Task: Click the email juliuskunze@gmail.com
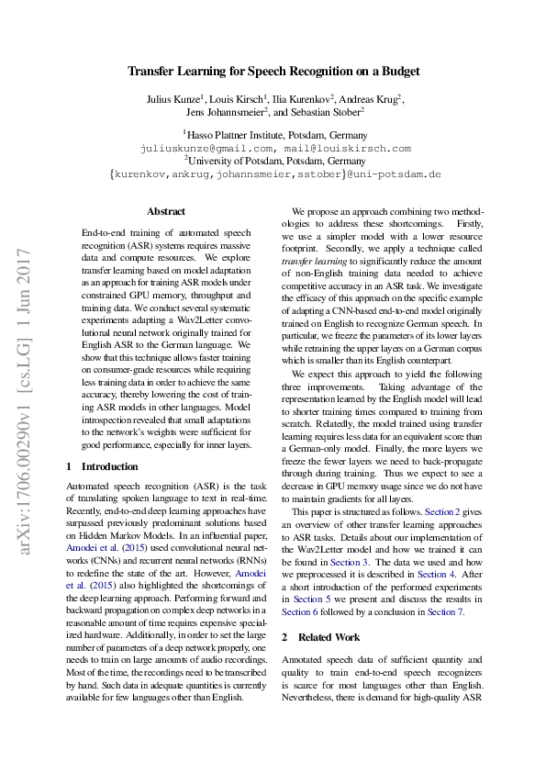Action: coord(206,147)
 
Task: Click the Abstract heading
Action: coord(165,211)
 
